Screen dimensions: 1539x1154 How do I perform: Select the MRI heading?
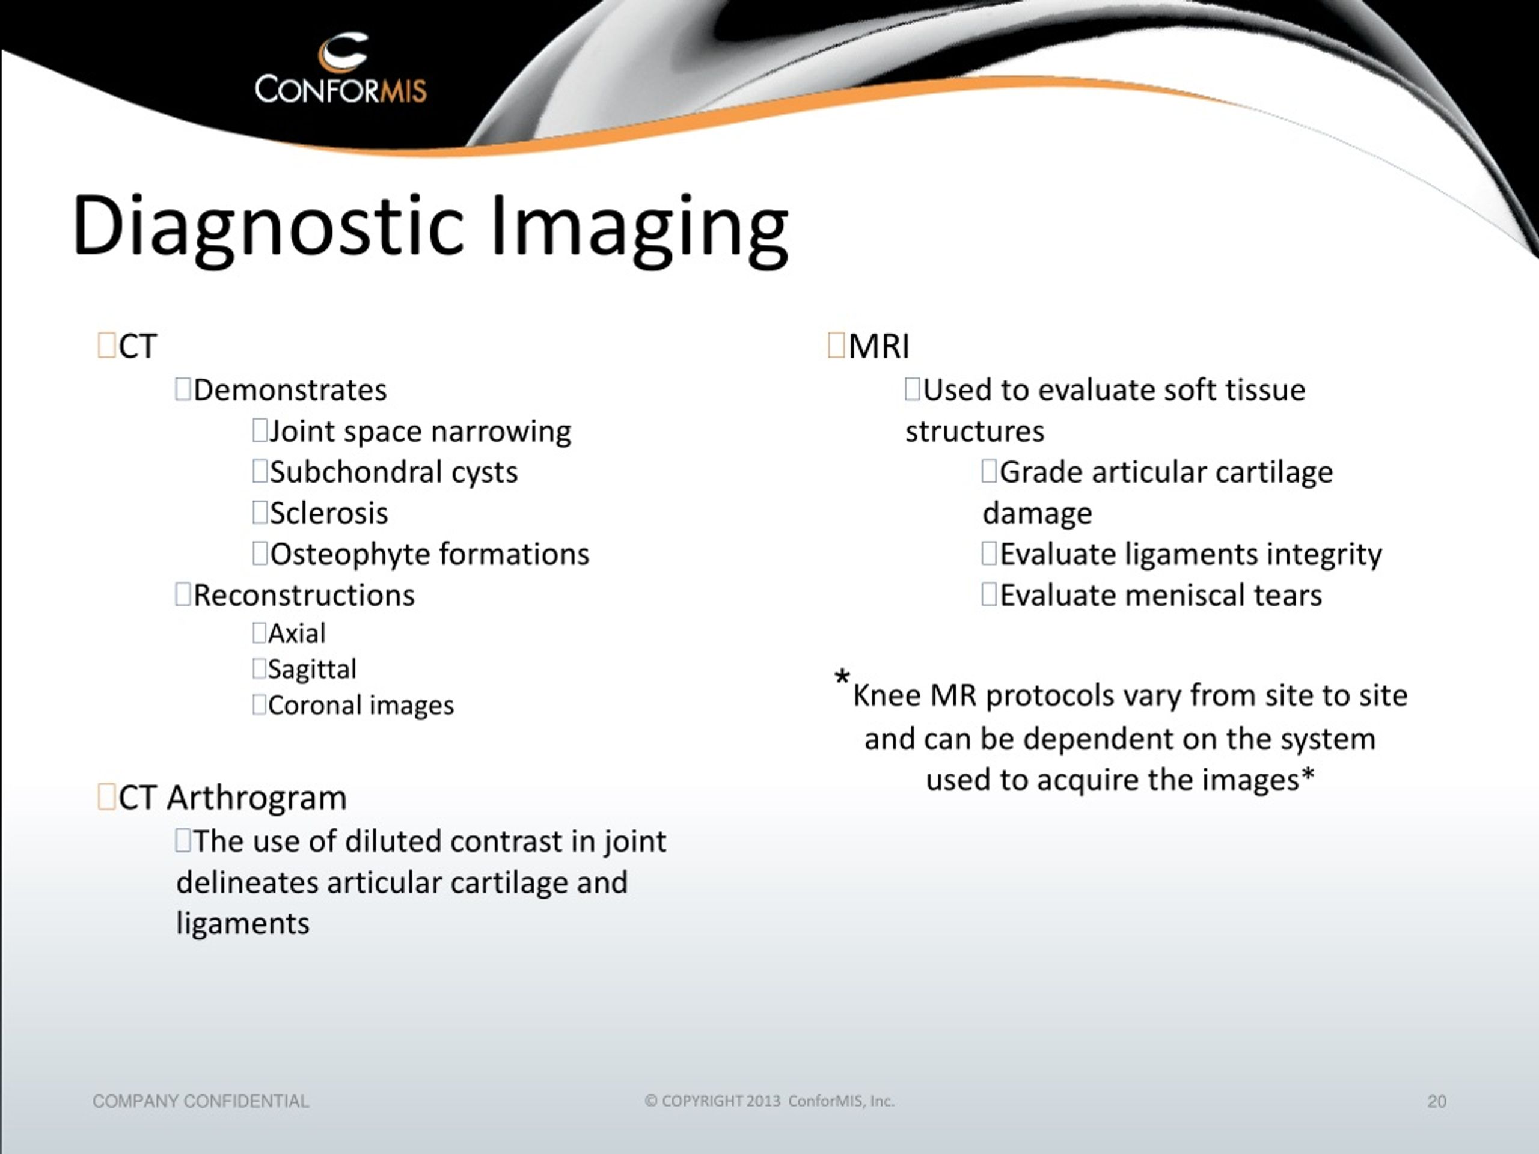coord(879,346)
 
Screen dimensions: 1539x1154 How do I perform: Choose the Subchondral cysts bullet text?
coord(394,472)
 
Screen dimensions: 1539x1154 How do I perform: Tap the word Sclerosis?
coord(328,513)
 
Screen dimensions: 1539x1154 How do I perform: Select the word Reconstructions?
coord(304,596)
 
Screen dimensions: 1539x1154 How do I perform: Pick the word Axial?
coord(297,633)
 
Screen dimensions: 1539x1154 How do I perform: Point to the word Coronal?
coord(311,706)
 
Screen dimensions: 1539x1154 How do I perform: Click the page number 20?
coord(1437,1101)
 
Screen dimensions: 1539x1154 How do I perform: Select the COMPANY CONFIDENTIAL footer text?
coord(200,1101)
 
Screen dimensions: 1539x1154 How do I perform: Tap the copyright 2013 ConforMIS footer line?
coord(769,1101)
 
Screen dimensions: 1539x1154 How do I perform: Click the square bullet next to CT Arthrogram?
coord(106,797)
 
